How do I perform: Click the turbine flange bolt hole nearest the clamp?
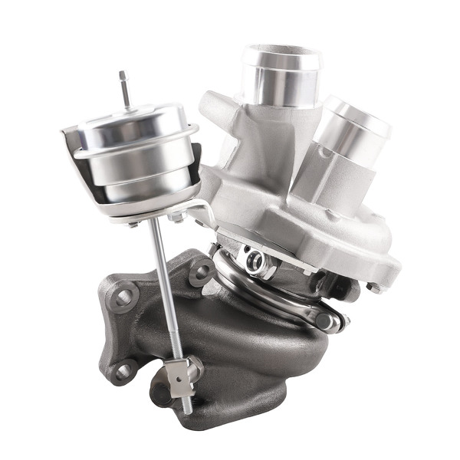[202, 271]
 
